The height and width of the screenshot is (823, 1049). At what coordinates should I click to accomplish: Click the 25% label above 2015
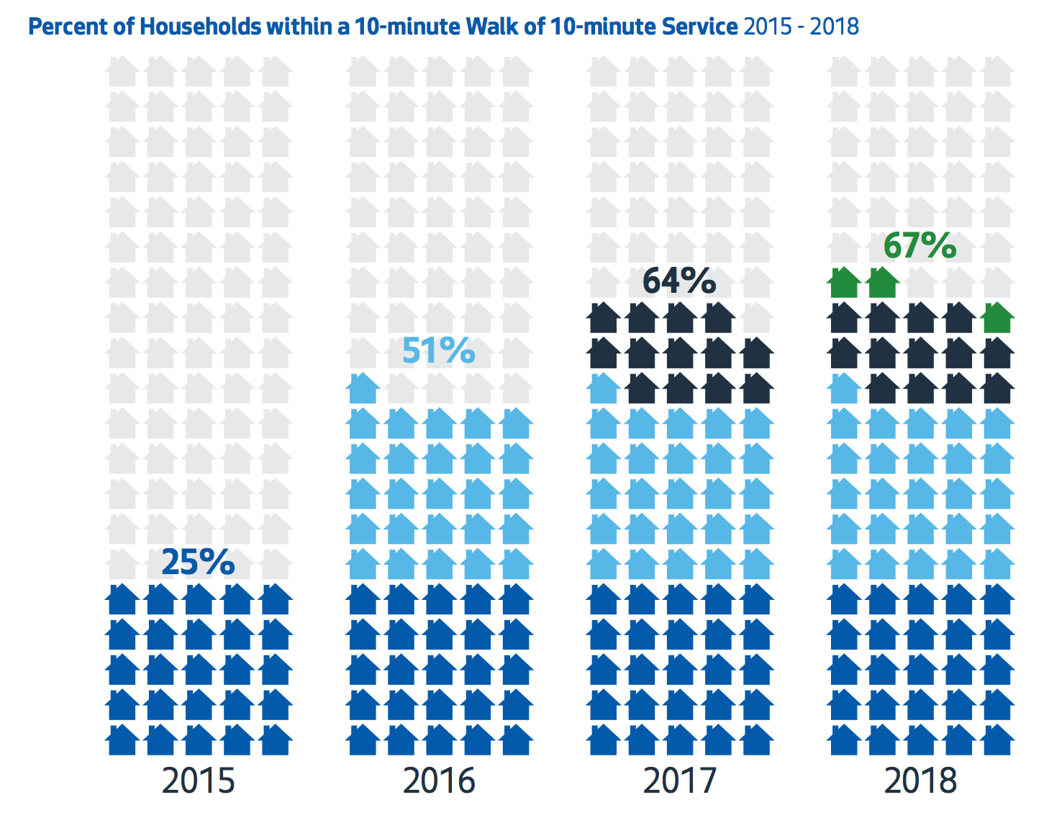(x=198, y=562)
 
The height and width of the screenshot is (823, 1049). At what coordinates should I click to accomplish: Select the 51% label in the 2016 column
(x=438, y=351)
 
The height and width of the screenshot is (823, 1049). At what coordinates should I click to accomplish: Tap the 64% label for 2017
(x=679, y=281)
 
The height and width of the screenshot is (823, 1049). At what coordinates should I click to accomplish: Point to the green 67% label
(x=919, y=245)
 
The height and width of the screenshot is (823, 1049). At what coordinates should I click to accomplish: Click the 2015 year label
(x=198, y=781)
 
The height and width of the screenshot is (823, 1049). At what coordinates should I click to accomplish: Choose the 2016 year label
(x=439, y=781)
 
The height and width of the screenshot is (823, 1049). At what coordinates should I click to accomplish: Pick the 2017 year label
(x=679, y=781)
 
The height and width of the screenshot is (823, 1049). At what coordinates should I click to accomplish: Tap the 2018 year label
(x=920, y=781)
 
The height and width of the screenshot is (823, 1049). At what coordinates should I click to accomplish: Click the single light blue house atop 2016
(x=363, y=388)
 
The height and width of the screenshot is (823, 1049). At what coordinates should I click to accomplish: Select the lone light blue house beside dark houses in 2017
(x=604, y=388)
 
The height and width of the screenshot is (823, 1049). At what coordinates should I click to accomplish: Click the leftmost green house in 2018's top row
(x=845, y=283)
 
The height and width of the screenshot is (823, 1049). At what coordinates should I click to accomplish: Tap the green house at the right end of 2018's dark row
(x=997, y=318)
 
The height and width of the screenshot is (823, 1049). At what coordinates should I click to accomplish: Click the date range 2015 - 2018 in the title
(x=801, y=27)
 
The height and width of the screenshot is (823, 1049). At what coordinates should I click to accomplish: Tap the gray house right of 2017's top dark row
(x=757, y=318)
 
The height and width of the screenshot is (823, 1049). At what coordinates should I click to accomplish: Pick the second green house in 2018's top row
(x=883, y=283)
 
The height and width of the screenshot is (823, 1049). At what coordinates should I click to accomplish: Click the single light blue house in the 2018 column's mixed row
(x=845, y=388)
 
